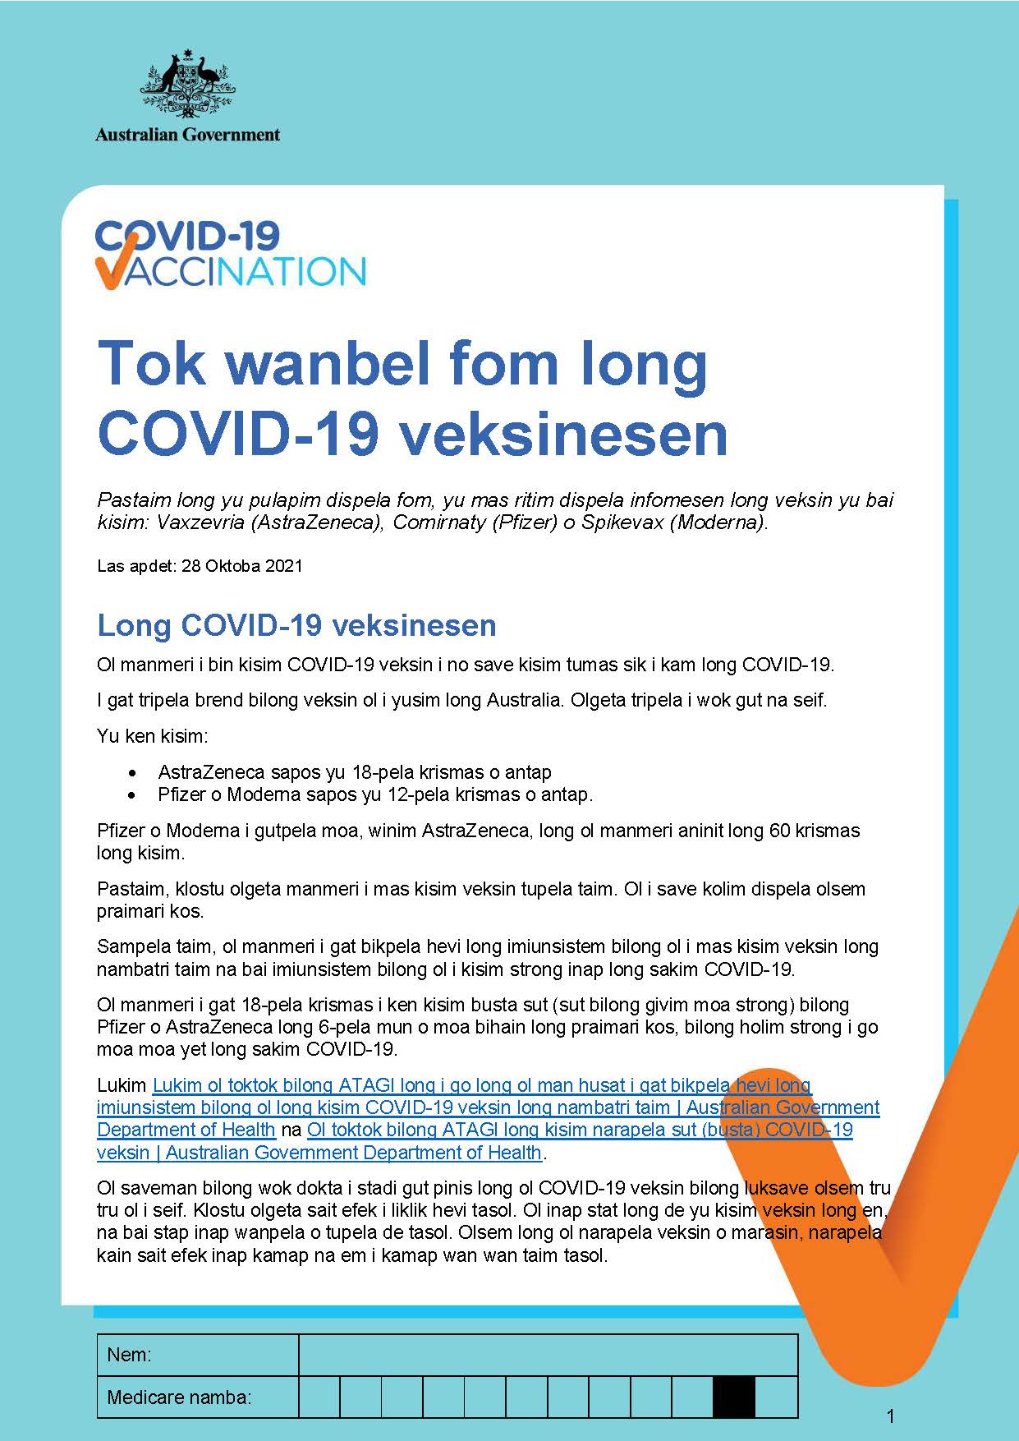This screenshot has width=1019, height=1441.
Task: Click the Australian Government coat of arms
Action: pyautogui.click(x=187, y=84)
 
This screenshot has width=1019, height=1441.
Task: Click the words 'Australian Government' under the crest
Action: pyautogui.click(x=187, y=134)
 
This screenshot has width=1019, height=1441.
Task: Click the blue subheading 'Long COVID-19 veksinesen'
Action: pyautogui.click(x=296, y=625)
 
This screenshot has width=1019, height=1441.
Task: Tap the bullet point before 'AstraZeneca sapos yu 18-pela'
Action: pyautogui.click(x=132, y=773)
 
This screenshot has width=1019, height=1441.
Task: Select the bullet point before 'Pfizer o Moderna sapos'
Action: pyautogui.click(x=132, y=795)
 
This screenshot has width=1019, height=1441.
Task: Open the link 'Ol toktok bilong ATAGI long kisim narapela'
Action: pyautogui.click(x=580, y=1130)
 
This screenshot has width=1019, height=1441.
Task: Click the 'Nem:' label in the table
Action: pyautogui.click(x=130, y=1355)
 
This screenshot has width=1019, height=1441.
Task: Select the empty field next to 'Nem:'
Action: pyautogui.click(x=548, y=1355)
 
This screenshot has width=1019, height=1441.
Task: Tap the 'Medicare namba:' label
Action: pyautogui.click(x=179, y=1397)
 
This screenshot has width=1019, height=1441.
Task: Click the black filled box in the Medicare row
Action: pyautogui.click(x=733, y=1397)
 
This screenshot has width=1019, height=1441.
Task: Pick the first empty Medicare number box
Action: pyautogui.click(x=319, y=1397)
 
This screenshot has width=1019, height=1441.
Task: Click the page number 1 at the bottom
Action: pyautogui.click(x=891, y=1416)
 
